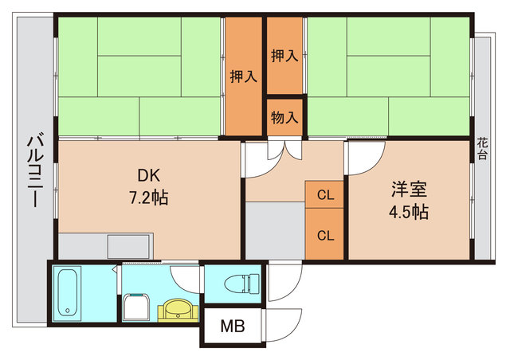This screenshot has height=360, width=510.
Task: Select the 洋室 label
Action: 410,191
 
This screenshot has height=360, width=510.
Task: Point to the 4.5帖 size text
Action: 410,213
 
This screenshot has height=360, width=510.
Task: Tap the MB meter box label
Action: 233,327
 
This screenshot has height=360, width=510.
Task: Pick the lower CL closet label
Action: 325,235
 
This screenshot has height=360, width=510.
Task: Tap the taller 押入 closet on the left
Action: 243,76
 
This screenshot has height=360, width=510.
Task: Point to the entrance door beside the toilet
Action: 284,283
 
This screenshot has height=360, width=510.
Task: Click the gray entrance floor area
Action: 274,231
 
